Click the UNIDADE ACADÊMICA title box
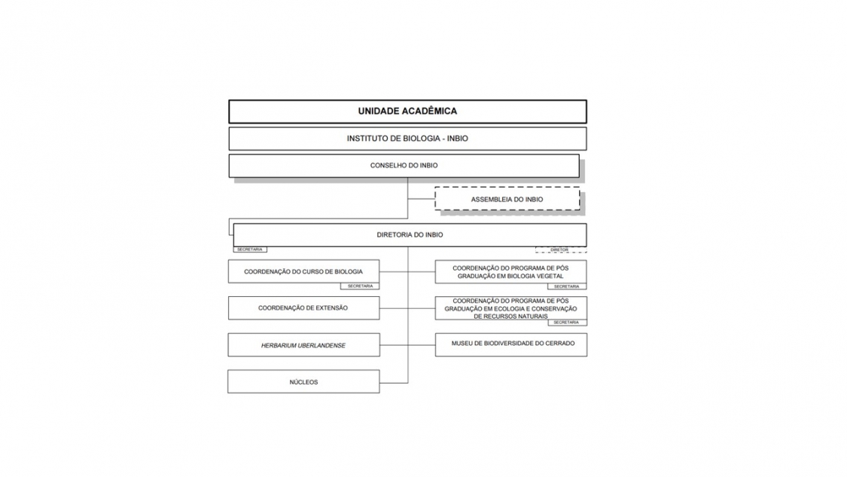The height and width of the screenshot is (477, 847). click(407, 111)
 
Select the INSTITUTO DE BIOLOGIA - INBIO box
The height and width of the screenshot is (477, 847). click(407, 139)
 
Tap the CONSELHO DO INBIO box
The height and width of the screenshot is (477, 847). click(404, 166)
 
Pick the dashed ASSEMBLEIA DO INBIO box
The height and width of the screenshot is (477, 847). click(507, 199)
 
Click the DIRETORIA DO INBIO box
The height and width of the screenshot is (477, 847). click(410, 234)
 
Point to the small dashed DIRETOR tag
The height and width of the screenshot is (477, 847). click(559, 249)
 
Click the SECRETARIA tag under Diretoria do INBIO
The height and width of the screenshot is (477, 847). click(249, 249)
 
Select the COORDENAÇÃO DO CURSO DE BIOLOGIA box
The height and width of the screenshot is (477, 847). click(303, 271)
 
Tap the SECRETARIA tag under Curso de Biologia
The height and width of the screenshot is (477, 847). click(360, 286)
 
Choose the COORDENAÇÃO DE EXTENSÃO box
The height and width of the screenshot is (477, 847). click(303, 307)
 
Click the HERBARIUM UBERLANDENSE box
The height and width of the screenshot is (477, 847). click(303, 345)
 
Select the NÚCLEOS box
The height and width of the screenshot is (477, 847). click(303, 382)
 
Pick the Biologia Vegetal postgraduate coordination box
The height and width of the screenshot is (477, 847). click(510, 271)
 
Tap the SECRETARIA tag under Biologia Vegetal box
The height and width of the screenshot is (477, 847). click(567, 286)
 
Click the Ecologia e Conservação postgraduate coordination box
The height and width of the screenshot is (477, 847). click(510, 307)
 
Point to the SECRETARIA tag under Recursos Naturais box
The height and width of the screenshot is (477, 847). click(567, 323)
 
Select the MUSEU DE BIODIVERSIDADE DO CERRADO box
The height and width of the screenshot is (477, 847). click(510, 344)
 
